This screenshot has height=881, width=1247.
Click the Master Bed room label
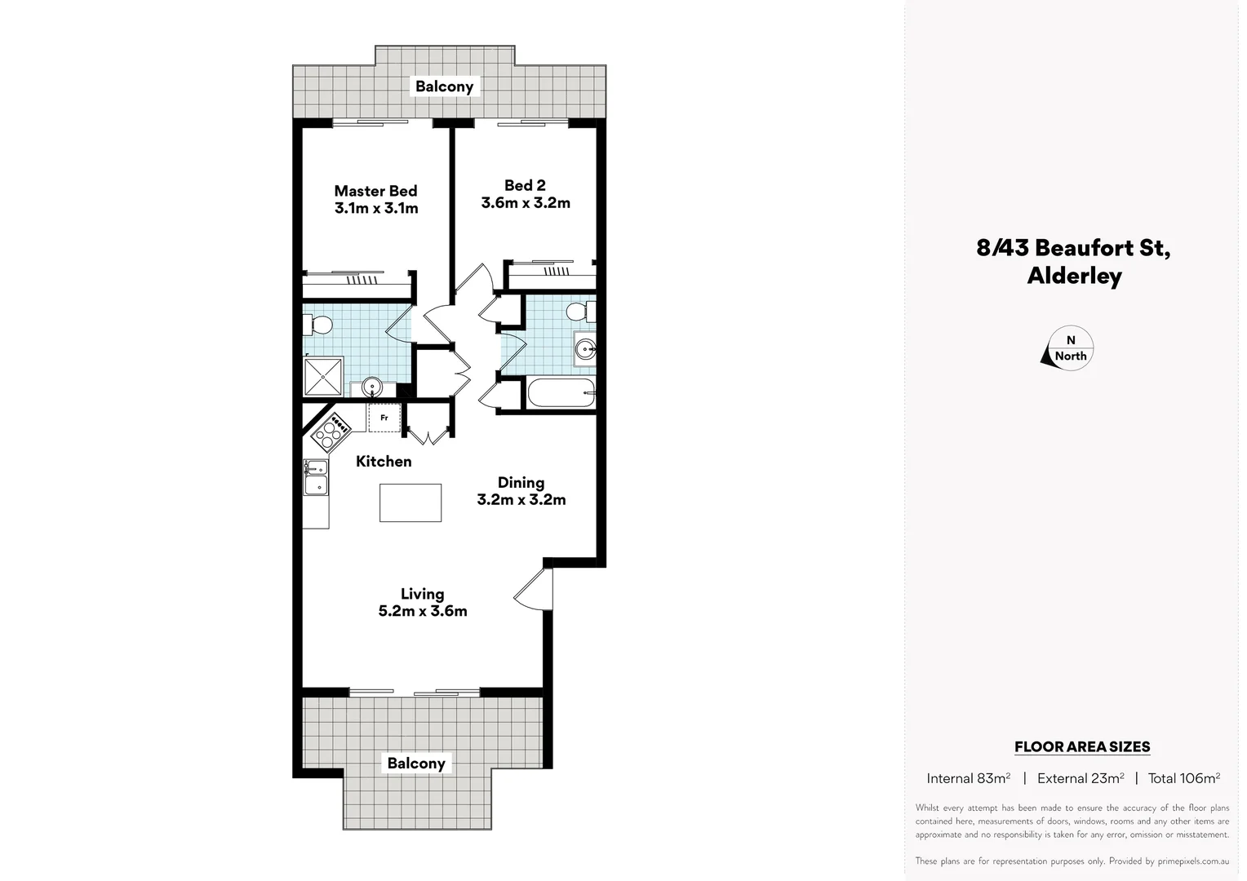coord(375,191)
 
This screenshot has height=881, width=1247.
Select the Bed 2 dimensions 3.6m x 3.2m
coord(525,203)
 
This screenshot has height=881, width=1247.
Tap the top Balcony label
coord(444,86)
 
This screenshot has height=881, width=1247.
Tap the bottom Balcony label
coord(416,764)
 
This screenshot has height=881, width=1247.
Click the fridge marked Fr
coord(384,418)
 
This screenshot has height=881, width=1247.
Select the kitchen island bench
coord(410,502)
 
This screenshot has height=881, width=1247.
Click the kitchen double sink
coord(315,477)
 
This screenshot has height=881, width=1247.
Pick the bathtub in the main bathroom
coord(561,394)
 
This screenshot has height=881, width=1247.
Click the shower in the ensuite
coord(325,378)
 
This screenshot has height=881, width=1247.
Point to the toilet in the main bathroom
coord(579,312)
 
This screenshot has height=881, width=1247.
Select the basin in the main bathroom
coord(584,349)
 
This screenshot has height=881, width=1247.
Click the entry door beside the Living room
coord(535,589)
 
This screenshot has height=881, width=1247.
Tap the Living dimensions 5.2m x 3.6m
coord(423,611)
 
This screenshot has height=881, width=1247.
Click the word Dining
coord(521,482)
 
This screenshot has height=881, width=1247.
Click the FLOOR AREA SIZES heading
coord(1081,746)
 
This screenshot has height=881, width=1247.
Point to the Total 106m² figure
coord(1183,778)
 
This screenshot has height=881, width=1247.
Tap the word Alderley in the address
coord(1074,276)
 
